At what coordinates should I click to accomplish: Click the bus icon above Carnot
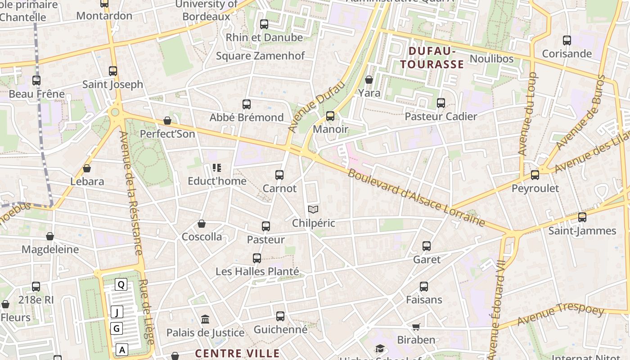pyautogui.click(x=279, y=175)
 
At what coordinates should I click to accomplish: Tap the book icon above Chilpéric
pyautogui.click(x=313, y=210)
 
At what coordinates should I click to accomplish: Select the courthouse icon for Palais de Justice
pyautogui.click(x=205, y=319)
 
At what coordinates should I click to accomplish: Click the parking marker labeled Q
pyautogui.click(x=121, y=284)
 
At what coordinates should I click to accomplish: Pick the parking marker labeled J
pyautogui.click(x=117, y=312)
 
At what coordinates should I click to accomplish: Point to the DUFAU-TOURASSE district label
pyautogui.click(x=432, y=58)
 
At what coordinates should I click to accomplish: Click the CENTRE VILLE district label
pyautogui.click(x=238, y=353)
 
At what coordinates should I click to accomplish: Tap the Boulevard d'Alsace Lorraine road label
pyautogui.click(x=416, y=198)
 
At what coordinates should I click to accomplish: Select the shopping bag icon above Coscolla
pyautogui.click(x=202, y=224)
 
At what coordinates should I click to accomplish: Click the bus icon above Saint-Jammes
pyautogui.click(x=582, y=218)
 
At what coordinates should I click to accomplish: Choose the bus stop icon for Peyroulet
pyautogui.click(x=535, y=175)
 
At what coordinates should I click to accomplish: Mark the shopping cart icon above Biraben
pyautogui.click(x=416, y=327)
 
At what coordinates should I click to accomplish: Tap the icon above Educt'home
pyautogui.click(x=217, y=168)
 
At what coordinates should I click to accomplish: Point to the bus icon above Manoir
pyautogui.click(x=330, y=116)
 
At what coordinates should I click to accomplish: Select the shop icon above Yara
pyautogui.click(x=369, y=80)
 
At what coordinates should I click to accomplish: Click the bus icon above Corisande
pyautogui.click(x=567, y=40)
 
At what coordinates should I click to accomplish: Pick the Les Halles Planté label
pyautogui.click(x=257, y=271)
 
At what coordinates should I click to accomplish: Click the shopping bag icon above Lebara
pyautogui.click(x=87, y=168)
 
